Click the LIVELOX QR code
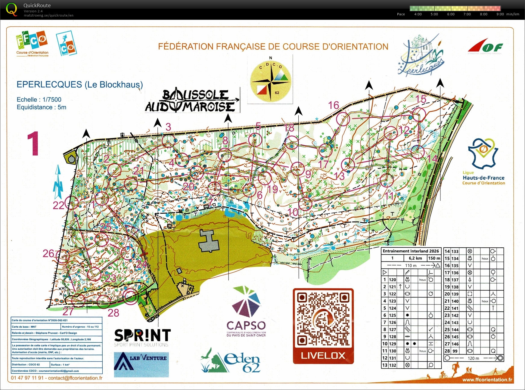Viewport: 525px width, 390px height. (x=323, y=320)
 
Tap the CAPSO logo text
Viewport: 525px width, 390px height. (x=246, y=325)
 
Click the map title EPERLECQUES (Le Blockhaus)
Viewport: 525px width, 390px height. (x=79, y=85)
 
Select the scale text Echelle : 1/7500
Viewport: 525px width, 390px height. (x=39, y=100)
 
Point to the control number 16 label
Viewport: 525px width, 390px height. (x=334, y=105)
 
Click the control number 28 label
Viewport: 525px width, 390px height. (x=113, y=313)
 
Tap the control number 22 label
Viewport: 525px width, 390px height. (x=58, y=206)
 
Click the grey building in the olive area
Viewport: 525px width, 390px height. (x=208, y=241)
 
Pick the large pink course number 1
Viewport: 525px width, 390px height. (x=33, y=144)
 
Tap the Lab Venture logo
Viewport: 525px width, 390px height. (x=141, y=364)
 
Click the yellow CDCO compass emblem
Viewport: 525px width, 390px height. (x=270, y=80)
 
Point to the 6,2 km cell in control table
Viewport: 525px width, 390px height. (x=416, y=258)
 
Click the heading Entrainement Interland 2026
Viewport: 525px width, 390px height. (x=411, y=251)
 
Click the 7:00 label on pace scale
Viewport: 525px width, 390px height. (x=467, y=14)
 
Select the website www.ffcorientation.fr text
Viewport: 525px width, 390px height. (x=487, y=380)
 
